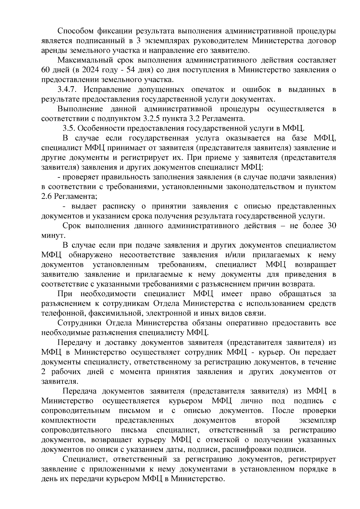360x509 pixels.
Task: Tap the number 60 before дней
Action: pyautogui.click(x=46, y=70)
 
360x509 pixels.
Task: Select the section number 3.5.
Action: pyautogui.click(x=69, y=129)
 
